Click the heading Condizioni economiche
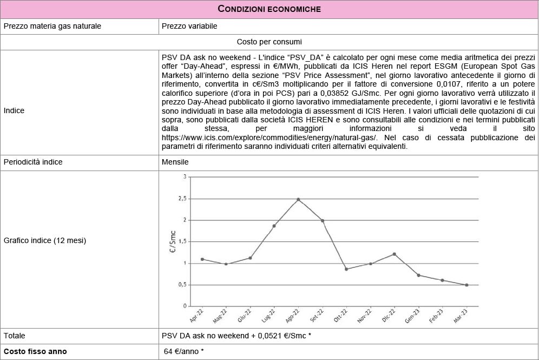click(269, 9)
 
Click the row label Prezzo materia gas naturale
click(52, 25)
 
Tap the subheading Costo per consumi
click(269, 42)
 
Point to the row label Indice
click(14, 110)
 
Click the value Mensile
click(175, 162)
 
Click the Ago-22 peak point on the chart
click(298, 199)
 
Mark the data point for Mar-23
click(466, 285)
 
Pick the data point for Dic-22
click(395, 254)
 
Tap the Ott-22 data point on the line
click(346, 269)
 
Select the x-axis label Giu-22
click(244, 316)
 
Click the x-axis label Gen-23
click(412, 316)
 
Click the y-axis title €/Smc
click(173, 241)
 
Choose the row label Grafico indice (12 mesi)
click(45, 240)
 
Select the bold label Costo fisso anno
click(35, 351)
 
